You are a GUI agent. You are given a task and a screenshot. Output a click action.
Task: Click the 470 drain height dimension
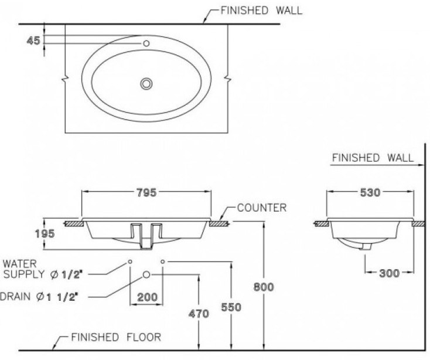pyautogui.click(x=199, y=314)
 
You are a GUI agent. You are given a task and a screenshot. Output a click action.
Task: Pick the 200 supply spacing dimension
pyautogui.click(x=146, y=297)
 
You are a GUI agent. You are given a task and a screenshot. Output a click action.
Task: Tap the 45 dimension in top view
pyautogui.click(x=33, y=40)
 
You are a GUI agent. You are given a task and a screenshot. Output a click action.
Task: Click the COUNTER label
pyautogui.click(x=262, y=208)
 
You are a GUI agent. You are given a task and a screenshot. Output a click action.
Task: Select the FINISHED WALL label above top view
pyautogui.click(x=261, y=10)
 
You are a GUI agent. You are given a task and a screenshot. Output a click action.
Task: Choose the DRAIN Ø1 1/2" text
pyautogui.click(x=40, y=297)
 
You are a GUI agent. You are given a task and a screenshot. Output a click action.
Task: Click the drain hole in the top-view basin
pyautogui.click(x=146, y=84)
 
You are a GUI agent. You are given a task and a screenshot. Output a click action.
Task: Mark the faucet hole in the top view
pyautogui.click(x=146, y=43)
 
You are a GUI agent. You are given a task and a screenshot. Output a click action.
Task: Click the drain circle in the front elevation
pyautogui.click(x=146, y=274)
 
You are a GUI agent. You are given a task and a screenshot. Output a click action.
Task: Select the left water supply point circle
pyautogui.click(x=130, y=260)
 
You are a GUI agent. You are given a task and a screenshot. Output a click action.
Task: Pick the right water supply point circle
pyautogui.click(x=163, y=260)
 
